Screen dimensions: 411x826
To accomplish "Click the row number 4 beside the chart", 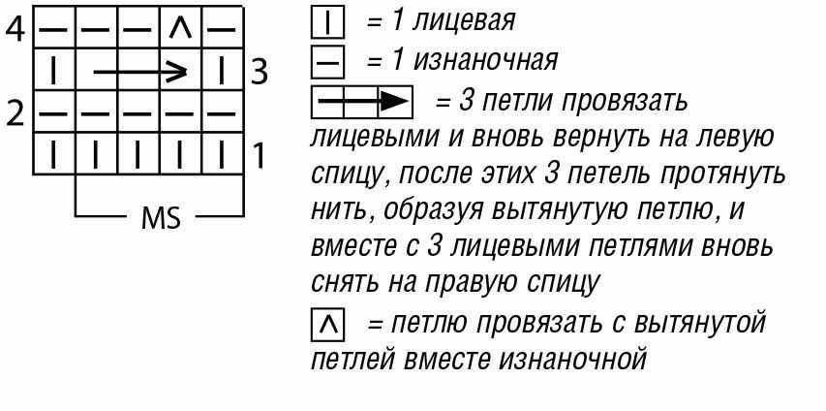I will tap(15, 28).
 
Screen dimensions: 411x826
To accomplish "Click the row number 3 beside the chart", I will tap(258, 71).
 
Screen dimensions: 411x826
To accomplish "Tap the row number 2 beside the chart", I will tap(15, 113).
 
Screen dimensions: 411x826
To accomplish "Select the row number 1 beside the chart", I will tap(259, 155).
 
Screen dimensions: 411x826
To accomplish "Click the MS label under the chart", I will tap(161, 218).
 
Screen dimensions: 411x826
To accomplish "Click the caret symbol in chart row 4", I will tap(178, 28).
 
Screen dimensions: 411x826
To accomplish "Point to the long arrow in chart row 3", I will tap(139, 71).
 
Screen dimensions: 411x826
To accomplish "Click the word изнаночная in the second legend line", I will tap(485, 61).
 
